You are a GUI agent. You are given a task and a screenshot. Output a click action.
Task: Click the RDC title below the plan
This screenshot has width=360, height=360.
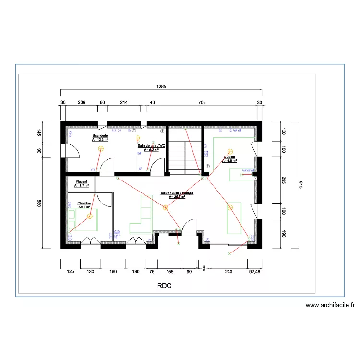click(x=164, y=286)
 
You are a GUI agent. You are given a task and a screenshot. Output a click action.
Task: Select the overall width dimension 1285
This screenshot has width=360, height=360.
click(x=161, y=87)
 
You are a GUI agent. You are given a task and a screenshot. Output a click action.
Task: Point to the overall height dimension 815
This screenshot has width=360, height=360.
click(x=301, y=185)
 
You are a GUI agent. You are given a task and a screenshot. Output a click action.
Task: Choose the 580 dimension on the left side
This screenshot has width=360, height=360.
click(x=39, y=204)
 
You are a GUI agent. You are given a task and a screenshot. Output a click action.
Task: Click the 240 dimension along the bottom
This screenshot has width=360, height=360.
click(x=228, y=272)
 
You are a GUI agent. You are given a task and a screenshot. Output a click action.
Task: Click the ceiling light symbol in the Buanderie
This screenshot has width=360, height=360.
click(x=101, y=148)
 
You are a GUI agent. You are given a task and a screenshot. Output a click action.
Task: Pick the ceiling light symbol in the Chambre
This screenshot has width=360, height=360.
click(x=90, y=216)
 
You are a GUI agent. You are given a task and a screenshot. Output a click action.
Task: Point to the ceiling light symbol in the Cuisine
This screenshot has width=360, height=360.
click(x=230, y=152)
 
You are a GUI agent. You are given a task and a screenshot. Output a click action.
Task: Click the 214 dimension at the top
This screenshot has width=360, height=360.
click(x=123, y=103)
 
